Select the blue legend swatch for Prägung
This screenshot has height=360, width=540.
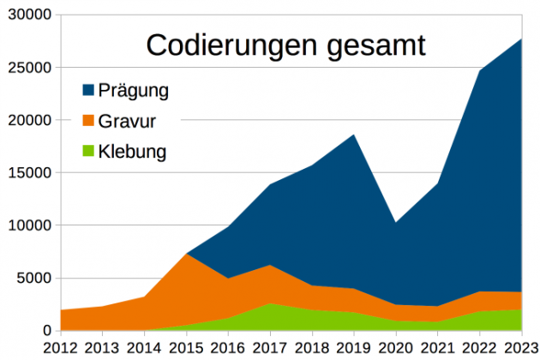tap(87, 90)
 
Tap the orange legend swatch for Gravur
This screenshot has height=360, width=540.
tap(87, 121)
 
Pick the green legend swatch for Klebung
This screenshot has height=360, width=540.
tap(87, 153)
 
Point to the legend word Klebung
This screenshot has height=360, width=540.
tap(132, 153)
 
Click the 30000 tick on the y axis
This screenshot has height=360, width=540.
tap(29, 15)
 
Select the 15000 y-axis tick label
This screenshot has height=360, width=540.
tap(29, 173)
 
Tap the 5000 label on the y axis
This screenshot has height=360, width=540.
tap(34, 279)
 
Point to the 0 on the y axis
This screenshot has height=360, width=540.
tap(47, 331)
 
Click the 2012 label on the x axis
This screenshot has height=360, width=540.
tap(62, 348)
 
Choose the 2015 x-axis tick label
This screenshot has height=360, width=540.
tap(188, 348)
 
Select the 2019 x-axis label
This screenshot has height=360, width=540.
tap(355, 348)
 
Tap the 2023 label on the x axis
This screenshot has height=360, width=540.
tap(521, 348)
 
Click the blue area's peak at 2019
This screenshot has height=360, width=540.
tap(354, 135)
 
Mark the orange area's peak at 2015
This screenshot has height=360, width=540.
tap(188, 255)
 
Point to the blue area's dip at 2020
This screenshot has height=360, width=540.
tap(395, 224)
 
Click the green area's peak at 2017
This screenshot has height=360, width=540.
tap(271, 304)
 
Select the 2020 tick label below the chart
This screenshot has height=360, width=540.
tap(396, 348)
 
